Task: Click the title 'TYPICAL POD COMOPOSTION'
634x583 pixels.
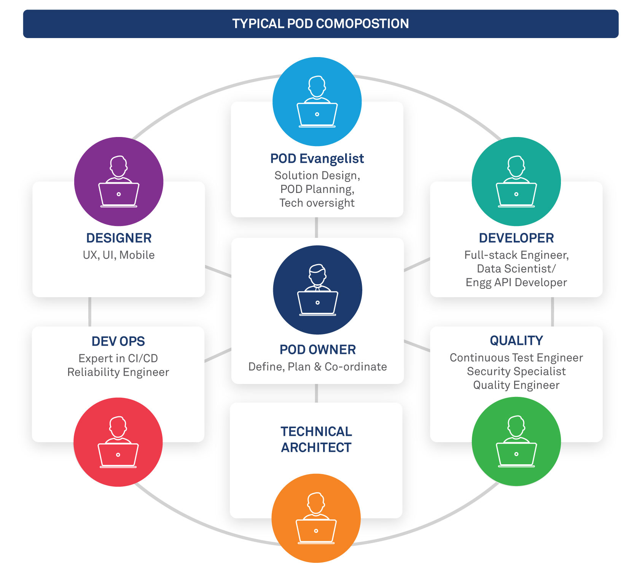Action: (320, 24)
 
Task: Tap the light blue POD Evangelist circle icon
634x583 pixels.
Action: (317, 102)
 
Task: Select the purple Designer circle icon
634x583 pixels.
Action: (119, 182)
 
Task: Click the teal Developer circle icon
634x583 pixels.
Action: (516, 182)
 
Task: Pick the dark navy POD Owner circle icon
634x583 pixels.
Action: (317, 290)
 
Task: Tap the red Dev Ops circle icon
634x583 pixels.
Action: (118, 442)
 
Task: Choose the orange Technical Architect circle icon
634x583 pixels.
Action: (316, 518)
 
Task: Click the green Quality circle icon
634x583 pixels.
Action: (516, 441)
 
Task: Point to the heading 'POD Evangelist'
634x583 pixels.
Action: (317, 158)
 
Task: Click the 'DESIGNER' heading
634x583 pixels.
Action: (119, 238)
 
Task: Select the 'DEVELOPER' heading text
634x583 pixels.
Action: (516, 238)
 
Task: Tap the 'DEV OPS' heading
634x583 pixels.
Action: (118, 341)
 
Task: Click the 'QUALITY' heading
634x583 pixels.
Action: (516, 341)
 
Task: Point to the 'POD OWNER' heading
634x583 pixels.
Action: (317, 350)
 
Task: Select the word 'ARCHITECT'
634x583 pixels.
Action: (316, 448)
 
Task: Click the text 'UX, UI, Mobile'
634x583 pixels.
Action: (119, 255)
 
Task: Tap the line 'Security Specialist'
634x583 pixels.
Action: (516, 371)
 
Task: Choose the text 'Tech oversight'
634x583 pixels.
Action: (317, 203)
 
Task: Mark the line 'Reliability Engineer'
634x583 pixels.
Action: (118, 372)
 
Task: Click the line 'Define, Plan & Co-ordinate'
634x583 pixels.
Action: (317, 367)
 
